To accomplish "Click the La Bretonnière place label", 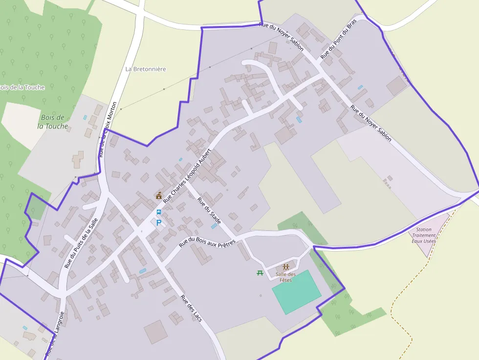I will click(x=146, y=69).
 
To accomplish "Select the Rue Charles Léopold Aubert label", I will click(x=188, y=175).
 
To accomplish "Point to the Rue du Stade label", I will click(x=210, y=211).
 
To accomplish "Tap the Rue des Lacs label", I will click(x=191, y=308).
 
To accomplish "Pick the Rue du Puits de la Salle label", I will click(x=82, y=243).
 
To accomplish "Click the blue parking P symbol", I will click(x=159, y=223).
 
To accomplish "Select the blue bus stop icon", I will click(x=158, y=212).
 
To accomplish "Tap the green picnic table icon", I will click(x=260, y=273).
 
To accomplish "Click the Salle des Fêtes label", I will click(x=285, y=277).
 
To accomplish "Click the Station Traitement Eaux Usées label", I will click(x=423, y=235).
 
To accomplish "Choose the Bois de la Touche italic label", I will click(x=53, y=122).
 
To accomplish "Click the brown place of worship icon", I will click(x=159, y=195).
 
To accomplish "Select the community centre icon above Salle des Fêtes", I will click(x=285, y=267).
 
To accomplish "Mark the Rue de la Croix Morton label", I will click(x=107, y=129).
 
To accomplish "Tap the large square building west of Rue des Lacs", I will click(x=156, y=332).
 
